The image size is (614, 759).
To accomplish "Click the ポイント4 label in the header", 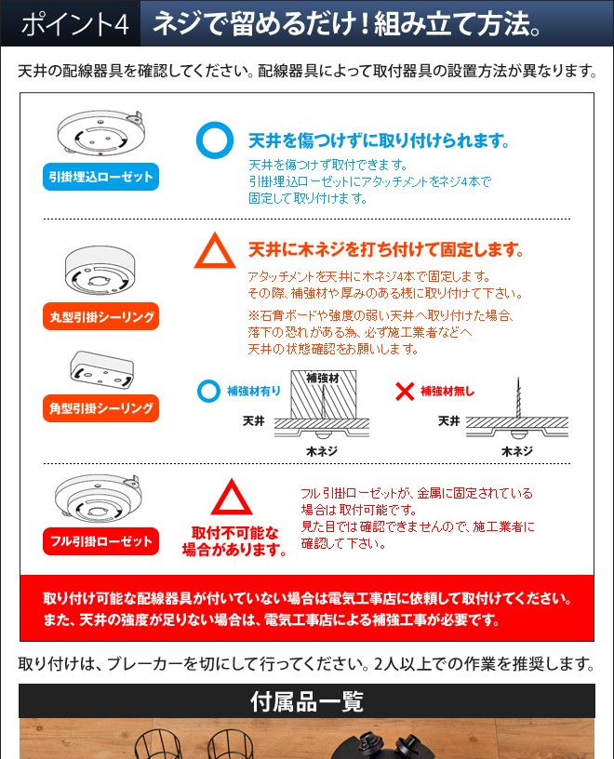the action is pyautogui.click(x=75, y=24).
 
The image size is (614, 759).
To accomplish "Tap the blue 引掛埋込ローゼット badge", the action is pyautogui.click(x=100, y=177).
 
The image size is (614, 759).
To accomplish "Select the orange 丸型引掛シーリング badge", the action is pyautogui.click(x=100, y=316).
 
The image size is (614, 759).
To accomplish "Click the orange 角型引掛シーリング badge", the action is pyautogui.click(x=100, y=408).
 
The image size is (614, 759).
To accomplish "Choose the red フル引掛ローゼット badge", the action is pyautogui.click(x=100, y=541).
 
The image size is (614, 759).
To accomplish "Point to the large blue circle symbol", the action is pyautogui.click(x=197, y=140).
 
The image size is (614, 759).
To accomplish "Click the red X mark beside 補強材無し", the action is pyautogui.click(x=405, y=391).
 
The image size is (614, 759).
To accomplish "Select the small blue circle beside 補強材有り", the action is pyautogui.click(x=199, y=391).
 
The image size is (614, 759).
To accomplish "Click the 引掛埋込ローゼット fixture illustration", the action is pyautogui.click(x=100, y=133).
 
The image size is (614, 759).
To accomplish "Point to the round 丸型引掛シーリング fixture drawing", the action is pyautogui.click(x=100, y=271).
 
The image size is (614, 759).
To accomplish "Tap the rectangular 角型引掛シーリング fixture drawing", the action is pyautogui.click(x=101, y=369).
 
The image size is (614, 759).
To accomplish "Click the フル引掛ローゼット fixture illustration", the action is pyautogui.click(x=99, y=499).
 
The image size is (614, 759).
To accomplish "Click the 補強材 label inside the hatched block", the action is pyautogui.click(x=323, y=378).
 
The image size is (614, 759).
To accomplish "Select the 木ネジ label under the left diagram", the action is pyautogui.click(x=322, y=452).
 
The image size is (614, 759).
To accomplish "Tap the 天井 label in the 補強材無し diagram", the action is pyautogui.click(x=449, y=421).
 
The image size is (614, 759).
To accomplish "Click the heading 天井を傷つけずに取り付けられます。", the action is pyautogui.click(x=380, y=140).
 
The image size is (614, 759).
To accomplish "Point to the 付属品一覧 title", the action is pyautogui.click(x=307, y=701).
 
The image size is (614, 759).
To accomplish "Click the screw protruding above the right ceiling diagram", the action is pyautogui.click(x=518, y=398).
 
